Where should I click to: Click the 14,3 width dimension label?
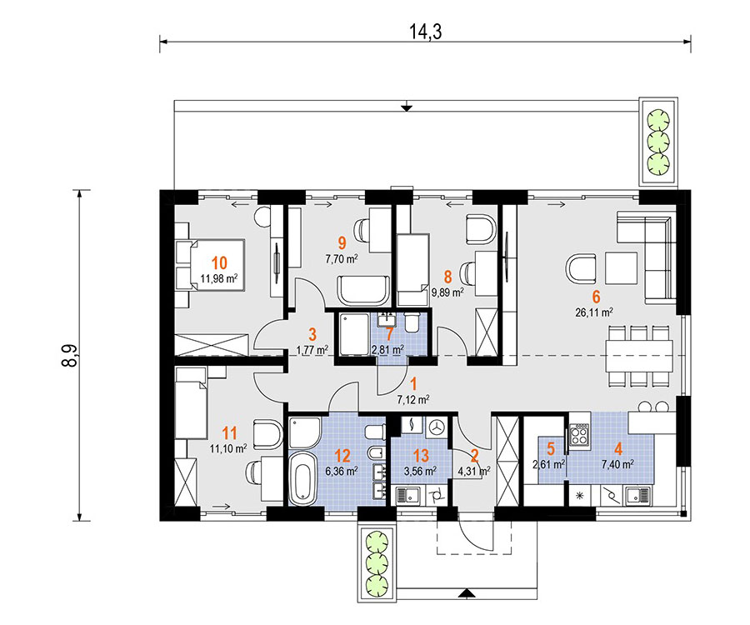coord(425,32)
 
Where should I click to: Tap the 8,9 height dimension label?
coord(70,355)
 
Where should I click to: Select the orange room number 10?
coord(219,263)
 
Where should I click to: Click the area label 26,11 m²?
coord(594,312)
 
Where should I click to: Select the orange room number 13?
coord(421,456)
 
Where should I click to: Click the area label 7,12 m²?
coord(413,399)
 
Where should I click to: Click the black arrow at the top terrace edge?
coord(407,107)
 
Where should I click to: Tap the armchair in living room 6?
coord(581,268)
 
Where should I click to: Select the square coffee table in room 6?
coord(622,268)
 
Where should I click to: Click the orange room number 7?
coord(389,335)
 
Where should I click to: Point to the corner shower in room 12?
coord(305,433)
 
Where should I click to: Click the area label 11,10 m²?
coord(228,448)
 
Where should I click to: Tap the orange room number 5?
coord(551,449)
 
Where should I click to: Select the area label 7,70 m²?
coord(342,259)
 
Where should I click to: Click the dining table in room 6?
coord(639,355)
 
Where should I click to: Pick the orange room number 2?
coord(474,456)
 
